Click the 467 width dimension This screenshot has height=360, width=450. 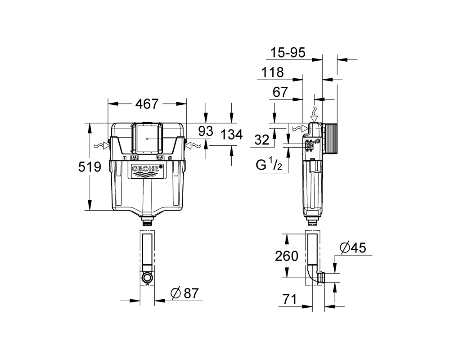(x=147, y=103)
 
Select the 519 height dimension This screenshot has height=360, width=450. (x=90, y=167)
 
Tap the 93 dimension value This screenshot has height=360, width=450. (x=206, y=131)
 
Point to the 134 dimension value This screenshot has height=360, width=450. (x=232, y=135)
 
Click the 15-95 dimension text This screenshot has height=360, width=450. (x=288, y=53)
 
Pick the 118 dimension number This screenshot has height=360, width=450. (x=272, y=72)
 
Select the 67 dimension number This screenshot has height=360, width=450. (x=280, y=92)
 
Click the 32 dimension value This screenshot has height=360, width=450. (x=262, y=140)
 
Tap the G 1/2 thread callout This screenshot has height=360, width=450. (x=265, y=165)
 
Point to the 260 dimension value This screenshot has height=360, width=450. (x=287, y=256)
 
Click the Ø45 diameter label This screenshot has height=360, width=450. (x=353, y=248)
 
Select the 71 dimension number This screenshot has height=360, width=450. (x=289, y=300)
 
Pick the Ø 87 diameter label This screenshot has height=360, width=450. (x=184, y=293)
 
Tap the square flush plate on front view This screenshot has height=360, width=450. (x=147, y=139)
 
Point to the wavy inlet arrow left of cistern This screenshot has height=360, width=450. (x=102, y=146)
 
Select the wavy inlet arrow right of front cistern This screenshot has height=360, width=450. (x=192, y=146)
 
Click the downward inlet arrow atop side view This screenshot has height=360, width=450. (x=315, y=115)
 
